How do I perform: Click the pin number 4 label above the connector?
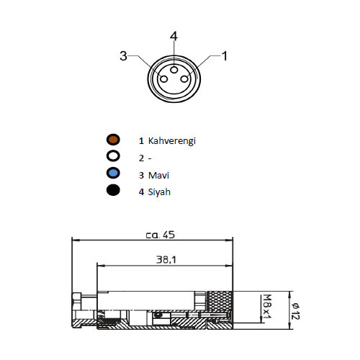point(174,36)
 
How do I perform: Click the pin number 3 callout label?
point(123,56)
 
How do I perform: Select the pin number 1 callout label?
point(225,56)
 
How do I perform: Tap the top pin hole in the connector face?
point(174,70)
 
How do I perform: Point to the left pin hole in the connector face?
point(163,78)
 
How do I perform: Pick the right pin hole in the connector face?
point(184,78)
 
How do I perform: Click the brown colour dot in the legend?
point(113,140)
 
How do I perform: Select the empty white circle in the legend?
point(113,156)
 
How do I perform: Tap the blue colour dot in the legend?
point(113,173)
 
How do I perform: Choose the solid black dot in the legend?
point(113,190)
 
